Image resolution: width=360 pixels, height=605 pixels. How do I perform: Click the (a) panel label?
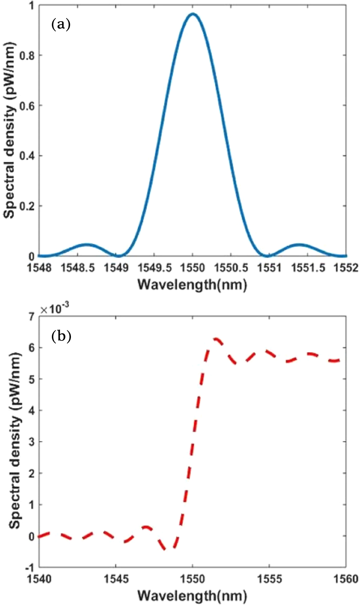(61, 25)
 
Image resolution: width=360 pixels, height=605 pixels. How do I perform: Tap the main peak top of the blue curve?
(193, 14)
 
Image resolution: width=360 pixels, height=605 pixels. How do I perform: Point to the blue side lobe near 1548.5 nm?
(86, 245)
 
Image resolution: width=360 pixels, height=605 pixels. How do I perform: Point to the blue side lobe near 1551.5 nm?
(299, 245)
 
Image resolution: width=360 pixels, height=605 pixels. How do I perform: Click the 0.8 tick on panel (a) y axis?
(27, 55)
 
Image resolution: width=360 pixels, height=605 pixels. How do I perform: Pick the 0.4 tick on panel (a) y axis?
(27, 156)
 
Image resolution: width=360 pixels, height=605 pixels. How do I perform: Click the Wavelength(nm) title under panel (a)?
(192, 285)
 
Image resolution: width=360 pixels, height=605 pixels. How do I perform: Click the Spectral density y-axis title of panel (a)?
(10, 130)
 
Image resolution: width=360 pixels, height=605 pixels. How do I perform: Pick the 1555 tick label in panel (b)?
(269, 579)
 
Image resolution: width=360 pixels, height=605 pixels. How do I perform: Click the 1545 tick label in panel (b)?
(116, 579)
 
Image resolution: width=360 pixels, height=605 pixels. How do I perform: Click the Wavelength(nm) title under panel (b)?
(192, 596)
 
